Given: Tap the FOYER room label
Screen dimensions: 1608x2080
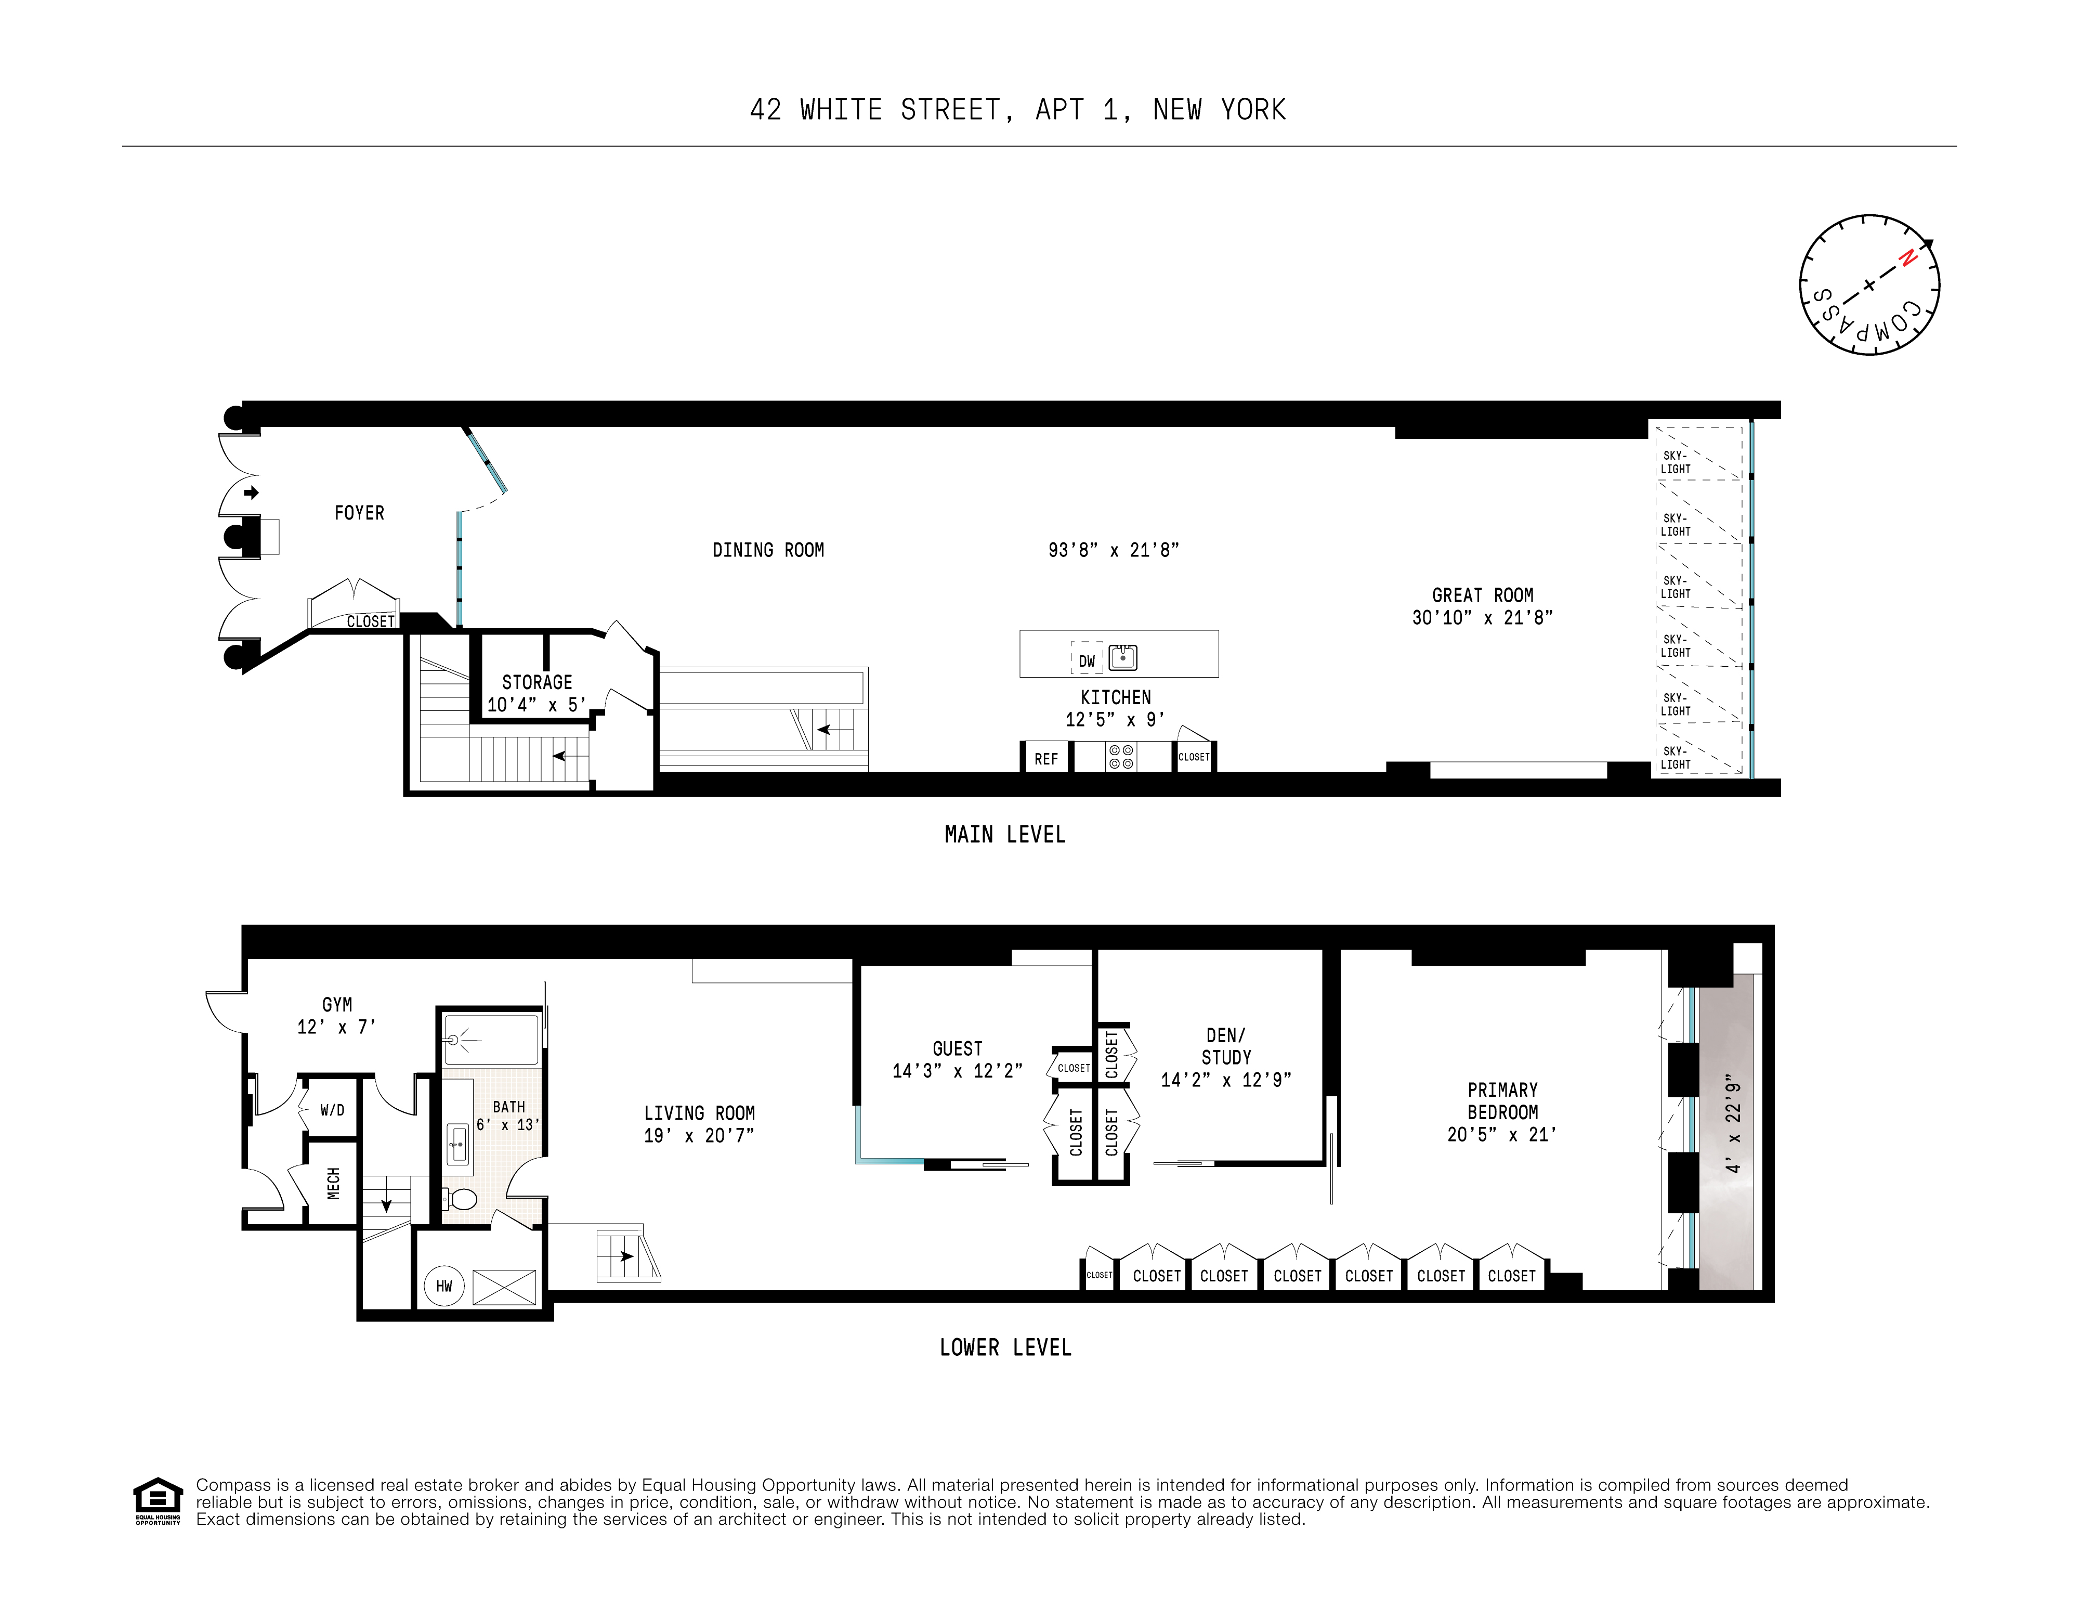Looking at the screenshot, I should pos(359,512).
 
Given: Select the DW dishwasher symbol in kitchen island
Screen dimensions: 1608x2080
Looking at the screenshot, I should pos(1087,660).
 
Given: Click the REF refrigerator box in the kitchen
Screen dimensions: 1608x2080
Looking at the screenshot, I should pos(1045,758).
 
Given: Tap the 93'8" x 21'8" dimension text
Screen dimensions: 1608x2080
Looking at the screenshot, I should pos(1114,550).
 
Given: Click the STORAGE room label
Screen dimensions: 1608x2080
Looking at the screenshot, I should pos(537,682).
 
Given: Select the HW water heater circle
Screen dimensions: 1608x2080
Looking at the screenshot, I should pos(444,1286).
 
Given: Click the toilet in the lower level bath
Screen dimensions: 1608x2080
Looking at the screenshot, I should pos(462,1198).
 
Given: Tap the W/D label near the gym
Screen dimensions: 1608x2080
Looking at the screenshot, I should pos(332,1110).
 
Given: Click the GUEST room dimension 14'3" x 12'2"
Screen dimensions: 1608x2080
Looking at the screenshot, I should pos(957,1071).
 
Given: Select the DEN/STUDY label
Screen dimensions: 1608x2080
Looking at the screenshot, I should pos(1226,1046).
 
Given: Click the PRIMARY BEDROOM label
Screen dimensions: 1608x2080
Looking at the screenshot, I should pos(1502,1100).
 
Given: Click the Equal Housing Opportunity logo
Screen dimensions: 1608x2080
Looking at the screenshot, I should pos(157,1500).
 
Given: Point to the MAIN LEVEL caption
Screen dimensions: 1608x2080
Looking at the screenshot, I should pos(1005,835).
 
